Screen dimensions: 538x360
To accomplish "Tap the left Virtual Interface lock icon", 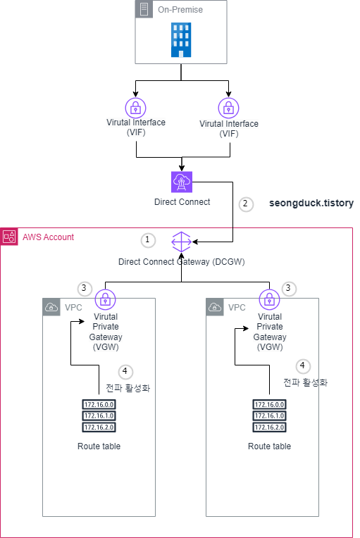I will (x=135, y=108).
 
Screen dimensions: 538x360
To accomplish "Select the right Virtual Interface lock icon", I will (x=228, y=108).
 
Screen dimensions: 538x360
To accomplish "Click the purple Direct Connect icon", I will (x=182, y=182).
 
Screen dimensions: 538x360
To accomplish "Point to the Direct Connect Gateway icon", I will (x=181, y=242).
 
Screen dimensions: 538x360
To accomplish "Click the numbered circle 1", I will (x=147, y=240).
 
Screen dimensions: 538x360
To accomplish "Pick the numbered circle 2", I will (x=245, y=204).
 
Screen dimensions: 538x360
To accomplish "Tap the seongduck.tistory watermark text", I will (x=311, y=203).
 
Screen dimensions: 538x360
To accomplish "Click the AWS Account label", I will (x=48, y=237).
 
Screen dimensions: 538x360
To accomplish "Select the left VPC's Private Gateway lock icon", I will (x=105, y=299).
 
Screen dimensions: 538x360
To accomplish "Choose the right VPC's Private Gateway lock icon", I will (x=268, y=299).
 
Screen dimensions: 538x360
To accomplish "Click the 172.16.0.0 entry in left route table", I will (x=99, y=405).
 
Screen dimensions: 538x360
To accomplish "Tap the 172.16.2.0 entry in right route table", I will (x=269, y=427).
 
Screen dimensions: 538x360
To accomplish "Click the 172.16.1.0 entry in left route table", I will (x=99, y=415).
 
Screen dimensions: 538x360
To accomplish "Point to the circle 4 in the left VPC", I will (x=125, y=371).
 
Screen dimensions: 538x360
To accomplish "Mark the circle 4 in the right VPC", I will (x=303, y=365).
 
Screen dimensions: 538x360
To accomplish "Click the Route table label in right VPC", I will (x=269, y=446).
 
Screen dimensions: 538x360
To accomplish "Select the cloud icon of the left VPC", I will (x=51, y=307).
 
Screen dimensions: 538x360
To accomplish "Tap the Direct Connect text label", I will (x=182, y=202).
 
